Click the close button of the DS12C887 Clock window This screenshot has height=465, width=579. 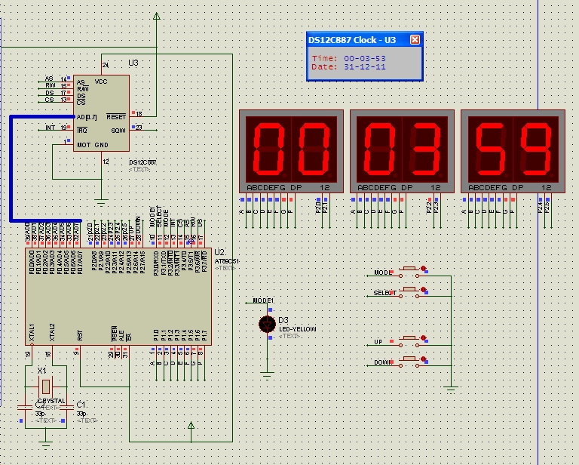414,40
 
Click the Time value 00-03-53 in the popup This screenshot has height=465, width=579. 365,58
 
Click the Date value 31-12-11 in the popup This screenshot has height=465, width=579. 365,66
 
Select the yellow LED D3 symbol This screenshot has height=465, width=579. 266,324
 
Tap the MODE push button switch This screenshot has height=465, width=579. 411,271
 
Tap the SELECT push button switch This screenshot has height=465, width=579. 411,291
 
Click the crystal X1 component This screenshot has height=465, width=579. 43,386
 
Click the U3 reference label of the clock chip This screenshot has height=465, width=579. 133,63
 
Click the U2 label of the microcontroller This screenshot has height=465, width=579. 219,252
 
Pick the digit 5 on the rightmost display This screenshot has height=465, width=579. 489,147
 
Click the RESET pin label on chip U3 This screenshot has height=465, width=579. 116,117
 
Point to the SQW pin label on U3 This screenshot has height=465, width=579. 118,130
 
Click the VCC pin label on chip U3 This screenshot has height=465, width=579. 102,81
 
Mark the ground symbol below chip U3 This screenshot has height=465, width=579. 102,202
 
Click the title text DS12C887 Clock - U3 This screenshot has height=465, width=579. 352,40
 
